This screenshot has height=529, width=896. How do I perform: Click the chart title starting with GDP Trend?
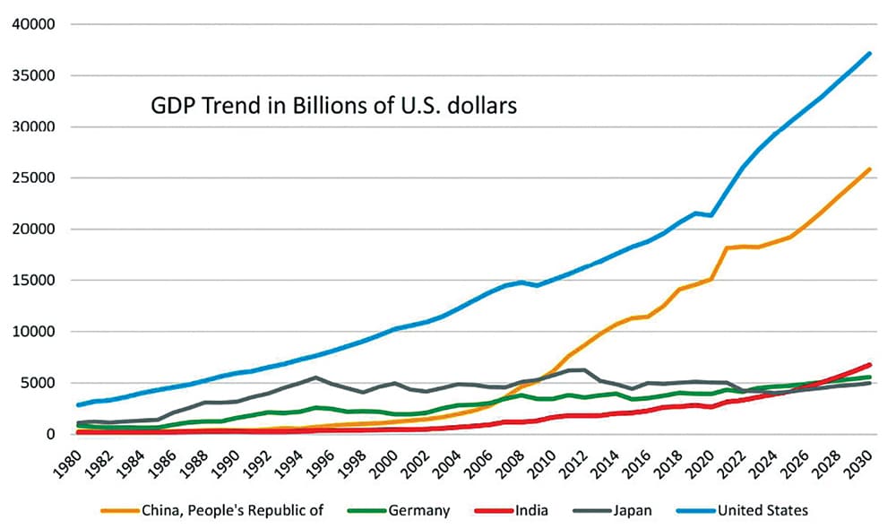click(333, 107)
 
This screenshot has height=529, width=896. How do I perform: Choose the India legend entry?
click(530, 510)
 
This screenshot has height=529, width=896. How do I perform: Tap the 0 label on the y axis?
click(53, 434)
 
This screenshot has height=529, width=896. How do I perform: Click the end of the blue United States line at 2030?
click(870, 53)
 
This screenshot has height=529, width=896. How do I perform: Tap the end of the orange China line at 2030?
click(870, 169)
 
